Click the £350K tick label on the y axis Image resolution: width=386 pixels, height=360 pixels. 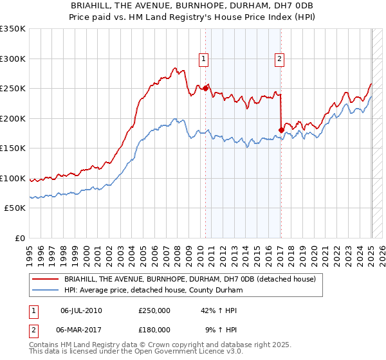coord(13,29)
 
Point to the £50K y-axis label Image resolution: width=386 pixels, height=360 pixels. coord(15,208)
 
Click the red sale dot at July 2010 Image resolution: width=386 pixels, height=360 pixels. coord(206,88)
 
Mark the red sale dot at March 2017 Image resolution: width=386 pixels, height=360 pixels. coord(281,130)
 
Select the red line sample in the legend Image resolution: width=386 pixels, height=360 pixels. coord(46,280)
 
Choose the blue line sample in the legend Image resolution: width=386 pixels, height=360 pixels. coord(46,291)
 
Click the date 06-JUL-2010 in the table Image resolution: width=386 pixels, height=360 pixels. coord(81,310)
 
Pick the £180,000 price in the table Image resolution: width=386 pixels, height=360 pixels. coord(154,329)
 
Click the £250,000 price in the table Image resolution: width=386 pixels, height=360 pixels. coord(154,310)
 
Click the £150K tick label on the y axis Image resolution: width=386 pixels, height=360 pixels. coord(13,148)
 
